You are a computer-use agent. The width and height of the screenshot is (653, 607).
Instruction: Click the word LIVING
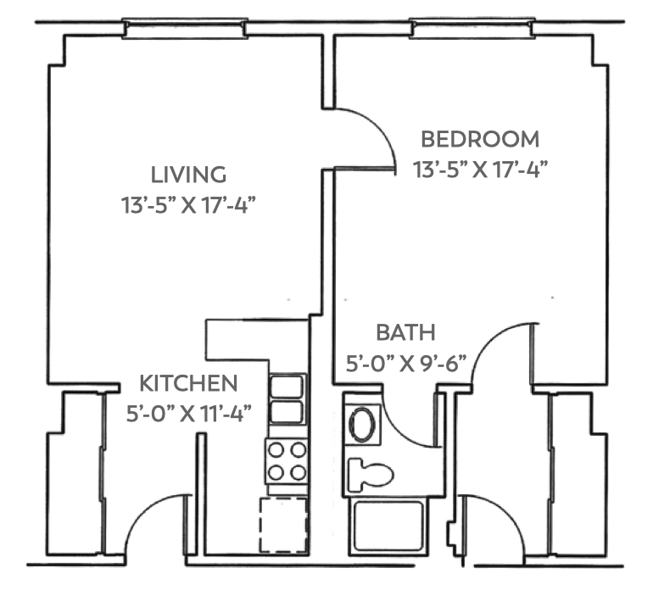pyautogui.click(x=188, y=175)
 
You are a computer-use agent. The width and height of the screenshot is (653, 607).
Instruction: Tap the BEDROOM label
pyautogui.click(x=480, y=138)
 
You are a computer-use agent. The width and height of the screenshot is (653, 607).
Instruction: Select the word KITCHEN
pyautogui.click(x=188, y=383)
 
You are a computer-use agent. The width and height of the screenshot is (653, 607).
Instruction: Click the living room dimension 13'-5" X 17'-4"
pyautogui.click(x=188, y=205)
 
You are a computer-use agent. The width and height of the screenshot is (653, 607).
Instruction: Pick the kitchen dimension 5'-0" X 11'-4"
pyautogui.click(x=188, y=415)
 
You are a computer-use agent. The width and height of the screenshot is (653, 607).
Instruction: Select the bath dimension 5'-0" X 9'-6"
pyautogui.click(x=406, y=364)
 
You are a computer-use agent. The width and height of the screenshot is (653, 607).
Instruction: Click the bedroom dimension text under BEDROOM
pyautogui.click(x=480, y=169)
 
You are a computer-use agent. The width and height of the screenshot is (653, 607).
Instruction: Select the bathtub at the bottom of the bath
pyautogui.click(x=388, y=526)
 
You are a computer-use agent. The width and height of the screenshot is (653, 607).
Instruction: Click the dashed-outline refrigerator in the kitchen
pyautogui.click(x=283, y=525)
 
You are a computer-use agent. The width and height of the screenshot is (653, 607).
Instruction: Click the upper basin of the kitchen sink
pyautogui.click(x=287, y=387)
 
